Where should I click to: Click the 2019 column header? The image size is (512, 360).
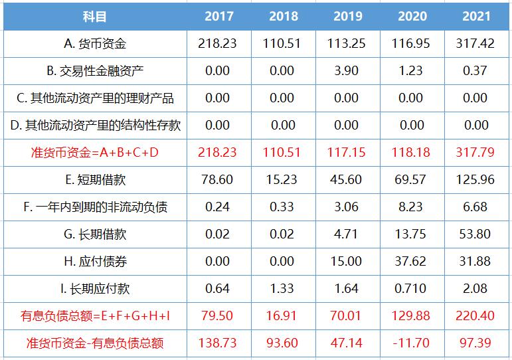348,16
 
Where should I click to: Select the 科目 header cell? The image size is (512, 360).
95,16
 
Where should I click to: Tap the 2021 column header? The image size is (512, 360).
475,16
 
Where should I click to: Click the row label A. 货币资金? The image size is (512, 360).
95,44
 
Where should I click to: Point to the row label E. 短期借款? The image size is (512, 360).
95,179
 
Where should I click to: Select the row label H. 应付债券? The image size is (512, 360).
95,261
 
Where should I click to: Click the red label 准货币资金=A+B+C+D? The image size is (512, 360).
95,152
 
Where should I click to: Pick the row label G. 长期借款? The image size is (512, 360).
95,234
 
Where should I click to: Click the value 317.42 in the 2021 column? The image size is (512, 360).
475,44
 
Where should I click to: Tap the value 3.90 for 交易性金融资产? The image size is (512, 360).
348,71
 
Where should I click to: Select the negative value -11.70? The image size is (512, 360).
412,343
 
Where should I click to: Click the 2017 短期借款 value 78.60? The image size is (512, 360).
217,179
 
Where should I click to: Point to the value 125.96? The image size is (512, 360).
475,179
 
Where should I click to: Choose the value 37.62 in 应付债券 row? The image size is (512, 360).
412,261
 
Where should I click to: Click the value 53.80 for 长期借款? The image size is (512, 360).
475,234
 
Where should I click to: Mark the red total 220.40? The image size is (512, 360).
475,315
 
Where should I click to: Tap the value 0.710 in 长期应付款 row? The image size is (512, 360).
412,288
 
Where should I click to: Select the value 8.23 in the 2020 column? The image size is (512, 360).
412,207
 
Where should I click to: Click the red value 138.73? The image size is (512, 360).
217,343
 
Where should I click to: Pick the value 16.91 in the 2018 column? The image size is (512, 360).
282,315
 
